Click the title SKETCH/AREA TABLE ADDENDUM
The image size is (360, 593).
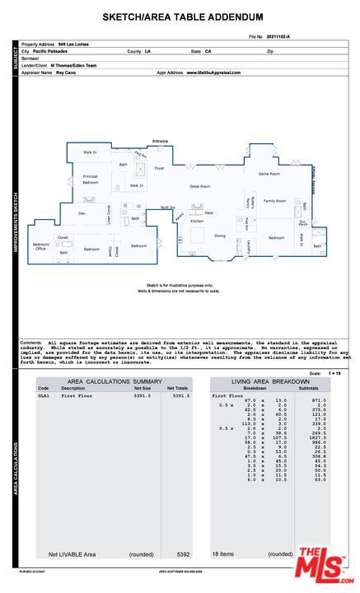coord(183,16)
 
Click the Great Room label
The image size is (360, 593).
coord(200,186)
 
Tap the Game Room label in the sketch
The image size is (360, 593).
coord(269,174)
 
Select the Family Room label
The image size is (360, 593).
coord(274,201)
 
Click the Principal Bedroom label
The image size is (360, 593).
coord(91,179)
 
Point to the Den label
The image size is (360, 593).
coord(82,213)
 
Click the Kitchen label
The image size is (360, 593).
coord(197,222)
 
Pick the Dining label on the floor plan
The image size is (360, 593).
coord(220,236)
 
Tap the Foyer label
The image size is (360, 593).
coord(159,168)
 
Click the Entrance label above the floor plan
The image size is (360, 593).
coord(160,142)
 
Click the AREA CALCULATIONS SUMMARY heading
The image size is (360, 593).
coord(115,381)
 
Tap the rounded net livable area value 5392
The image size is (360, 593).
coord(183,554)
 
